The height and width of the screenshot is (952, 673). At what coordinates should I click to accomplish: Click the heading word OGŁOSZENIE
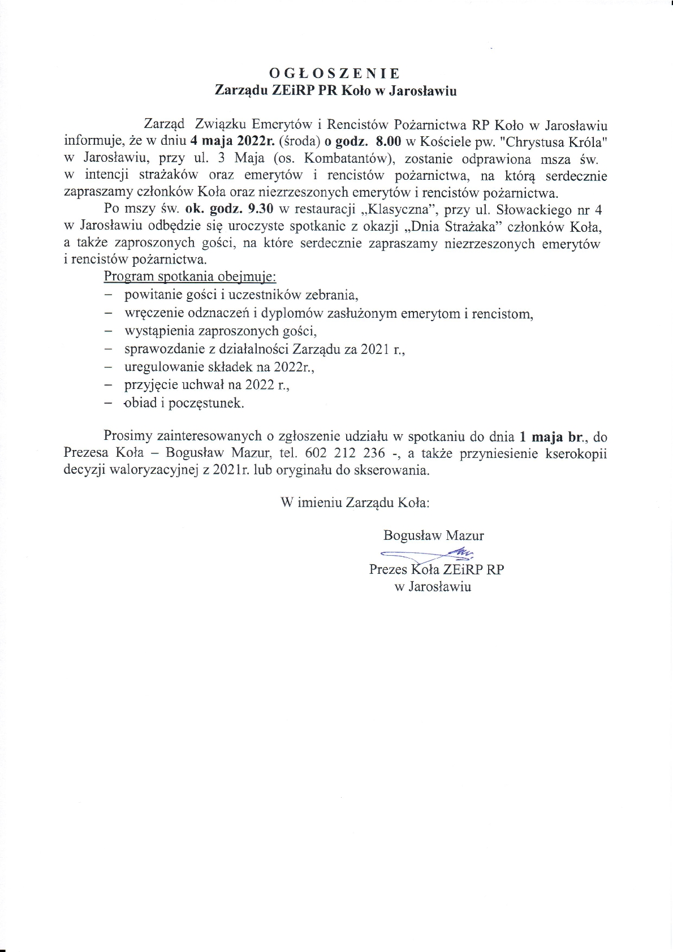point(335,73)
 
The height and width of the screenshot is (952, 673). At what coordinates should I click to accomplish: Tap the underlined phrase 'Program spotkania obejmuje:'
point(189,277)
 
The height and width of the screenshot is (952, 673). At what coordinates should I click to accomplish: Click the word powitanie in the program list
point(150,295)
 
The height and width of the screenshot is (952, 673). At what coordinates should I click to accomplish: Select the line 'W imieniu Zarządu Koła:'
point(355,503)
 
